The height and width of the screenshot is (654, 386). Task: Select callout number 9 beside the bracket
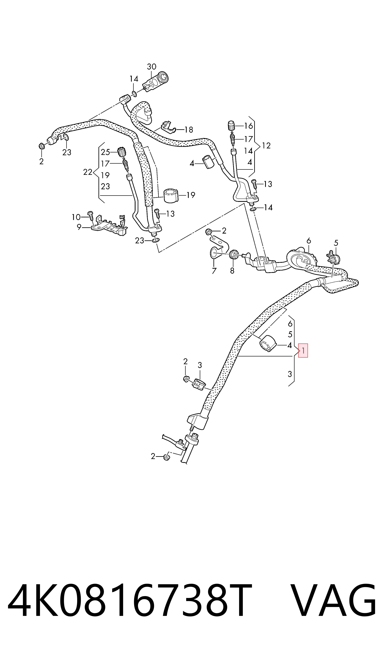coord(79,227)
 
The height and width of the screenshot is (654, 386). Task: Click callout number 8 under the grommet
coord(232,271)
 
